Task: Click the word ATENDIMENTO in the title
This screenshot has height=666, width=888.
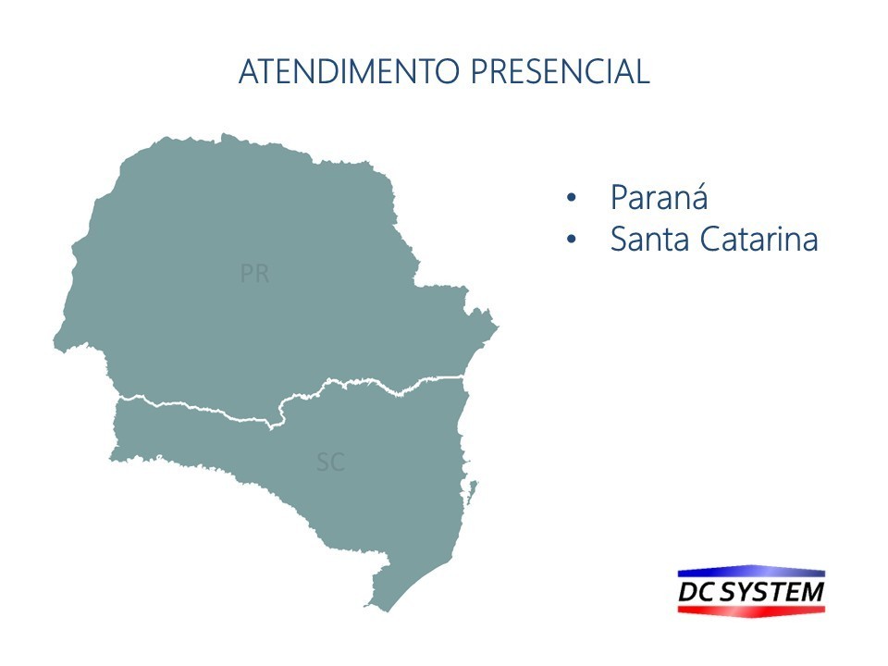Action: (349, 71)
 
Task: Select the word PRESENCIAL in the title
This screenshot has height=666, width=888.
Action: (561, 71)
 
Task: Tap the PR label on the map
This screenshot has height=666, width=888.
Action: (255, 274)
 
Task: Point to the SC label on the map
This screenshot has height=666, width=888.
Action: (331, 462)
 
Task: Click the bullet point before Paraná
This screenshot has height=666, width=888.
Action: (571, 198)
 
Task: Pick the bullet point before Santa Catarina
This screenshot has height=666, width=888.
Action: (571, 239)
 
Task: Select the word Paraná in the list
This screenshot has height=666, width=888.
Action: (660, 197)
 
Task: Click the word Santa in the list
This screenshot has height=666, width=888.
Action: (649, 239)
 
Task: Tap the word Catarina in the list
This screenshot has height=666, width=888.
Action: (758, 239)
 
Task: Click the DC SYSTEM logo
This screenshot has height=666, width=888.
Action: (751, 591)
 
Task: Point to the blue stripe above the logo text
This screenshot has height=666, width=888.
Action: (751, 572)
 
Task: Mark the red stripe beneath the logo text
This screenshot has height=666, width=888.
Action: (751, 610)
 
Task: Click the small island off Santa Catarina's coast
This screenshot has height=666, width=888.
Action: (471, 490)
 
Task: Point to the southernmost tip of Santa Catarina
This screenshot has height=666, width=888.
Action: (388, 611)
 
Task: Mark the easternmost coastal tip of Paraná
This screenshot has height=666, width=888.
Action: (498, 327)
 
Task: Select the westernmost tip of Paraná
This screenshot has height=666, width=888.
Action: (54, 339)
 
